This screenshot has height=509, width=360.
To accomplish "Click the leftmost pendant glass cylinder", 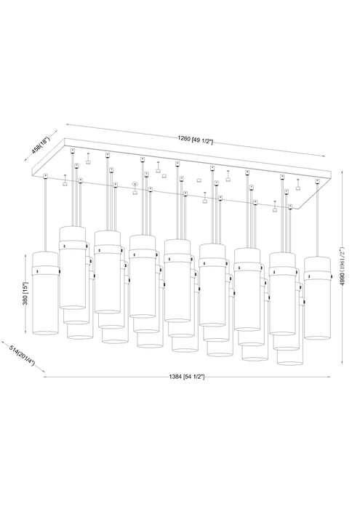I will [x=46, y=305].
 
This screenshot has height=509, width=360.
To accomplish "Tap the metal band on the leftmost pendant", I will [x=46, y=269].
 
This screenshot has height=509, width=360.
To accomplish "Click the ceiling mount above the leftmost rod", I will [x=46, y=176].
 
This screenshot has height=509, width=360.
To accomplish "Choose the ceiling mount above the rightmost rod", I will [x=317, y=182].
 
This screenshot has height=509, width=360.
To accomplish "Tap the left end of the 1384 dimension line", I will [x=45, y=378].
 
